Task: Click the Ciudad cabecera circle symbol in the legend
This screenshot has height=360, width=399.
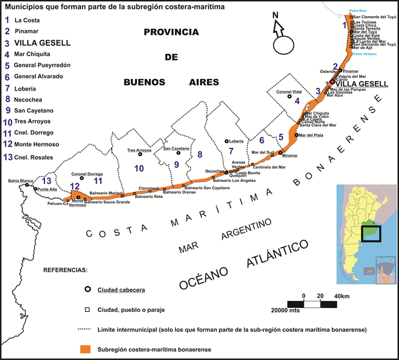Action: coord(87,289)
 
